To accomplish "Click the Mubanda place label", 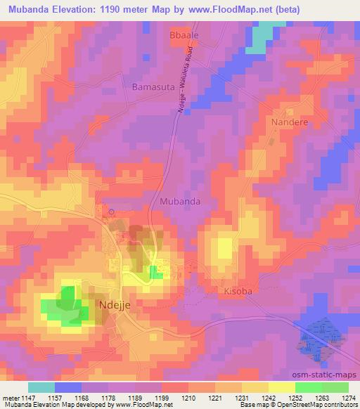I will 180,201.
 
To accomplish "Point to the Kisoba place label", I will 238,290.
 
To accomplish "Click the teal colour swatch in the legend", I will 41,387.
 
